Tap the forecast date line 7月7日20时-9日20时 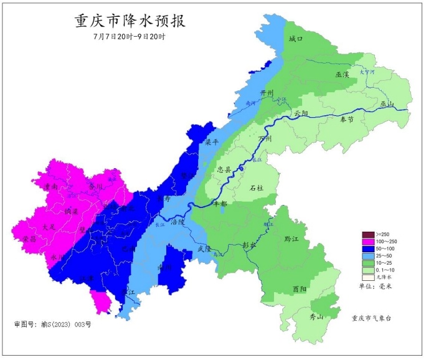click(x=129, y=37)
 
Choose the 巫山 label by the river click(x=388, y=103)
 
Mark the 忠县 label click(x=224, y=169)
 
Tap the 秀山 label click(x=317, y=317)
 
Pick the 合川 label click(x=95, y=186)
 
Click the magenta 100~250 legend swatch click(x=368, y=242)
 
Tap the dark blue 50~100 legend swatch click(x=368, y=249)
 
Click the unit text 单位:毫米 click(x=376, y=287)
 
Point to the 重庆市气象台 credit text click(x=374, y=318)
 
